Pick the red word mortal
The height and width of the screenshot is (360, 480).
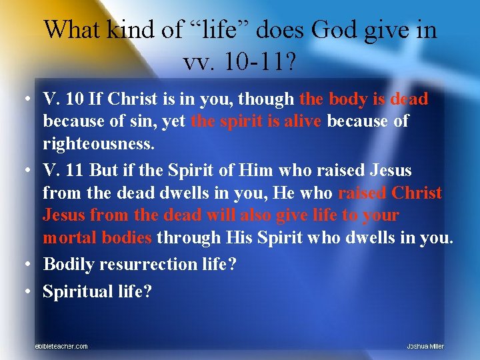click(x=69, y=239)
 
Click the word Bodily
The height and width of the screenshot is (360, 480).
click(x=69, y=264)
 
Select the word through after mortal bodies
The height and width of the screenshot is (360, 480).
click(x=193, y=239)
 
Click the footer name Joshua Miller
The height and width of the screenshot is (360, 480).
click(x=425, y=346)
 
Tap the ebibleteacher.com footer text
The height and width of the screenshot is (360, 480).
click(x=61, y=346)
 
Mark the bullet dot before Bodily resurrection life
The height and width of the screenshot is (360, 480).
click(x=24, y=265)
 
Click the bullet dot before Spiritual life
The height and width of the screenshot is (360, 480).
click(x=24, y=291)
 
